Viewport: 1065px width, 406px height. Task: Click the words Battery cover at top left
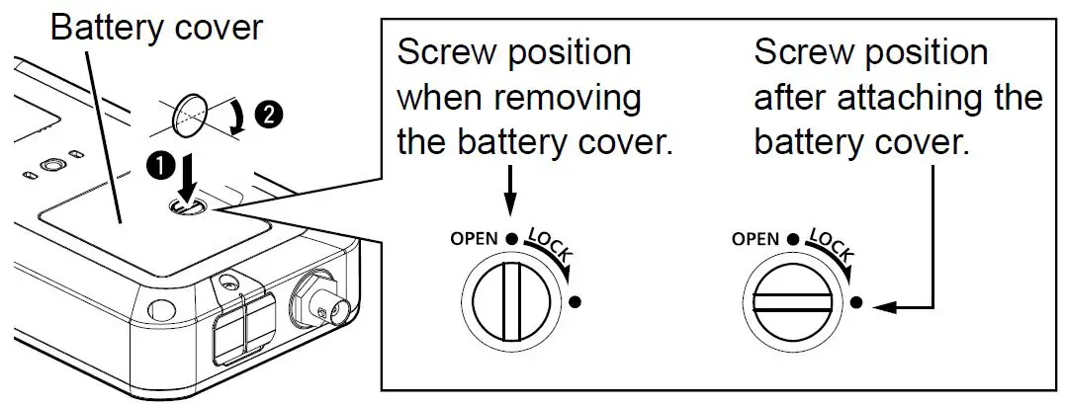156,27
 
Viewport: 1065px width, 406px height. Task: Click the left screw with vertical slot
507,300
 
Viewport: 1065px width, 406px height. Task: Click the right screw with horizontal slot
791,300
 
